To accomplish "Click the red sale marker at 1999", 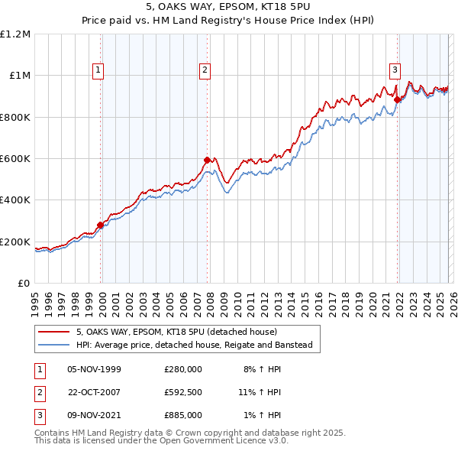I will click(100, 225).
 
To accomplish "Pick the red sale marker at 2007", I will click(207, 161).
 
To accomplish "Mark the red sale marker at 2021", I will click(397, 99).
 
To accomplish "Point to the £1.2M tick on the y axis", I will click(16, 34).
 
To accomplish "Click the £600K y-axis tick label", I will click(16, 159).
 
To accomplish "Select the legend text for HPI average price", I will click(194, 346).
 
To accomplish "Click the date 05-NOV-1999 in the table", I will click(94, 369).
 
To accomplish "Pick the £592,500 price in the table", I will click(182, 392).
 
